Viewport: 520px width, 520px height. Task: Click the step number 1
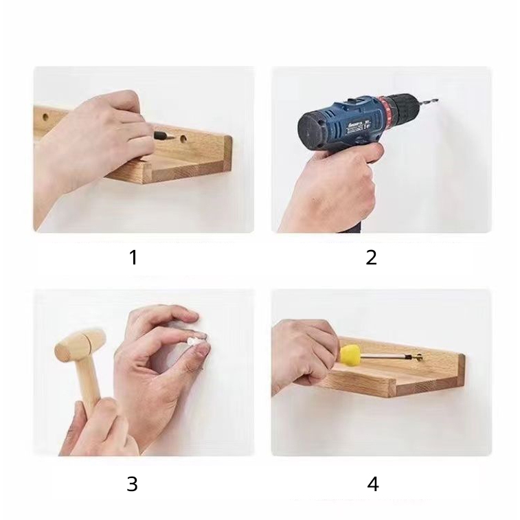pyautogui.click(x=133, y=258)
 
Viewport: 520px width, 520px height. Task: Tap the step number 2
pyautogui.click(x=372, y=258)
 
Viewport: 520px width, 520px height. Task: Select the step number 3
pyautogui.click(x=132, y=484)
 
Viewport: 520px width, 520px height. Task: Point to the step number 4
pyautogui.click(x=373, y=484)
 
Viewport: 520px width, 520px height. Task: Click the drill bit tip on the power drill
pyautogui.click(x=437, y=98)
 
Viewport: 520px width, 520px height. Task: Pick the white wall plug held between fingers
pyautogui.click(x=193, y=341)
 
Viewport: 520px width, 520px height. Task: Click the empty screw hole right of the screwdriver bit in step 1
pyautogui.click(x=183, y=138)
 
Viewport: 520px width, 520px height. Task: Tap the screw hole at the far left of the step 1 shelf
pyautogui.click(x=45, y=117)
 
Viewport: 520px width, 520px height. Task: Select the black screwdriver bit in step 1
pyautogui.click(x=161, y=135)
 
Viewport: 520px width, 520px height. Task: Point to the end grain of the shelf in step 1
pyautogui.click(x=227, y=153)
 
